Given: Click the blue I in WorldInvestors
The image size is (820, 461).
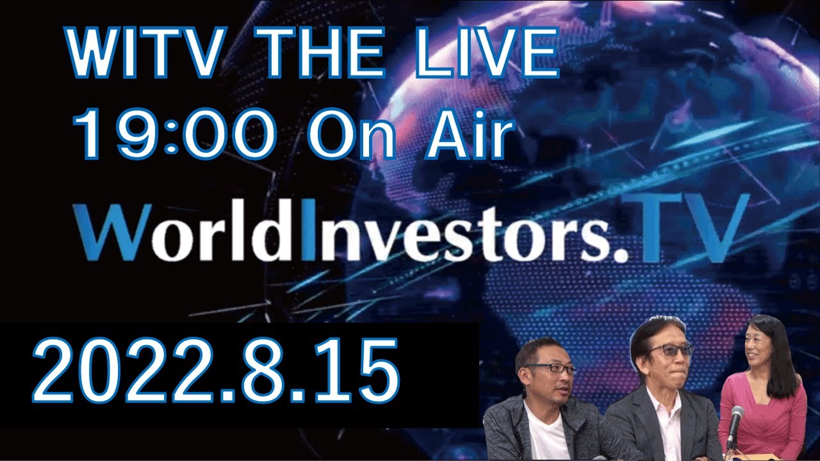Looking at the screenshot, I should pos(307,231).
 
